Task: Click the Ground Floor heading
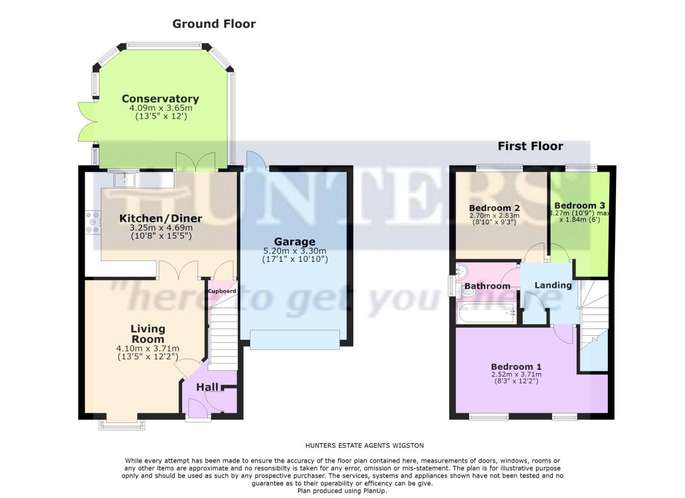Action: coord(214,24)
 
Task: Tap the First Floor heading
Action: coord(530,147)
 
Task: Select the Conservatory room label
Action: coord(160,99)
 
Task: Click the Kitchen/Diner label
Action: coord(161,218)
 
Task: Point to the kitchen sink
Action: coord(124,179)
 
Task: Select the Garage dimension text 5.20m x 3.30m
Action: coord(294,251)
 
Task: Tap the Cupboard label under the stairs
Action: coord(222,291)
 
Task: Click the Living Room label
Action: coord(148,334)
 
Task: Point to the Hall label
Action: coord(207,387)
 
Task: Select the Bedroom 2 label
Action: coord(494,208)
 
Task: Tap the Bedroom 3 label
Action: coord(579,206)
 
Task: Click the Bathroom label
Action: coord(487,286)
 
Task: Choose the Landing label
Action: coord(553,285)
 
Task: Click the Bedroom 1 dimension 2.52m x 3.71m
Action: coord(516,374)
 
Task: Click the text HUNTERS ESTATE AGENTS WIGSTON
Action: coord(364,445)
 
